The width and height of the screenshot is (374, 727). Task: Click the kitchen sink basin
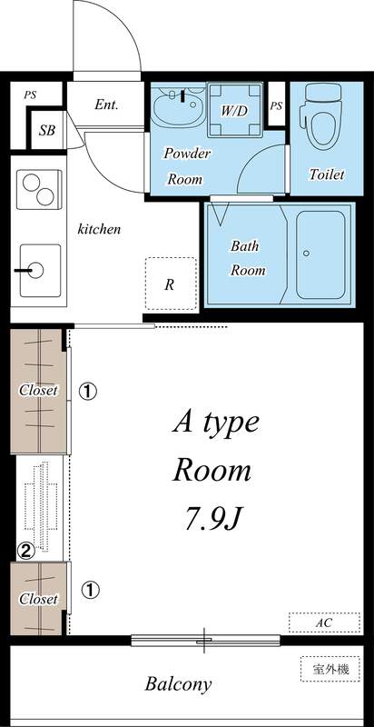point(34,269)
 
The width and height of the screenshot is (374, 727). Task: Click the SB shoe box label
point(46,130)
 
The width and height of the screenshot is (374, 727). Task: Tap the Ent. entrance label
point(107,105)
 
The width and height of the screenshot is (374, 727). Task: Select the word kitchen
point(99,229)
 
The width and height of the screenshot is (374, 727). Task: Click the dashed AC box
point(324,623)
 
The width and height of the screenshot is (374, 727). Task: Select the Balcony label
point(179,684)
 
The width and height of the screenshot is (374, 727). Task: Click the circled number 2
point(27,549)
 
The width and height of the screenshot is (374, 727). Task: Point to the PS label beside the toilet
point(276,105)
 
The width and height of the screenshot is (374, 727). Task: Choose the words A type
point(216,422)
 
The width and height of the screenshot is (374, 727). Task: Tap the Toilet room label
point(326,174)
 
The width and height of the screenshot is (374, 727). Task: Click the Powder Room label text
point(187,166)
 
